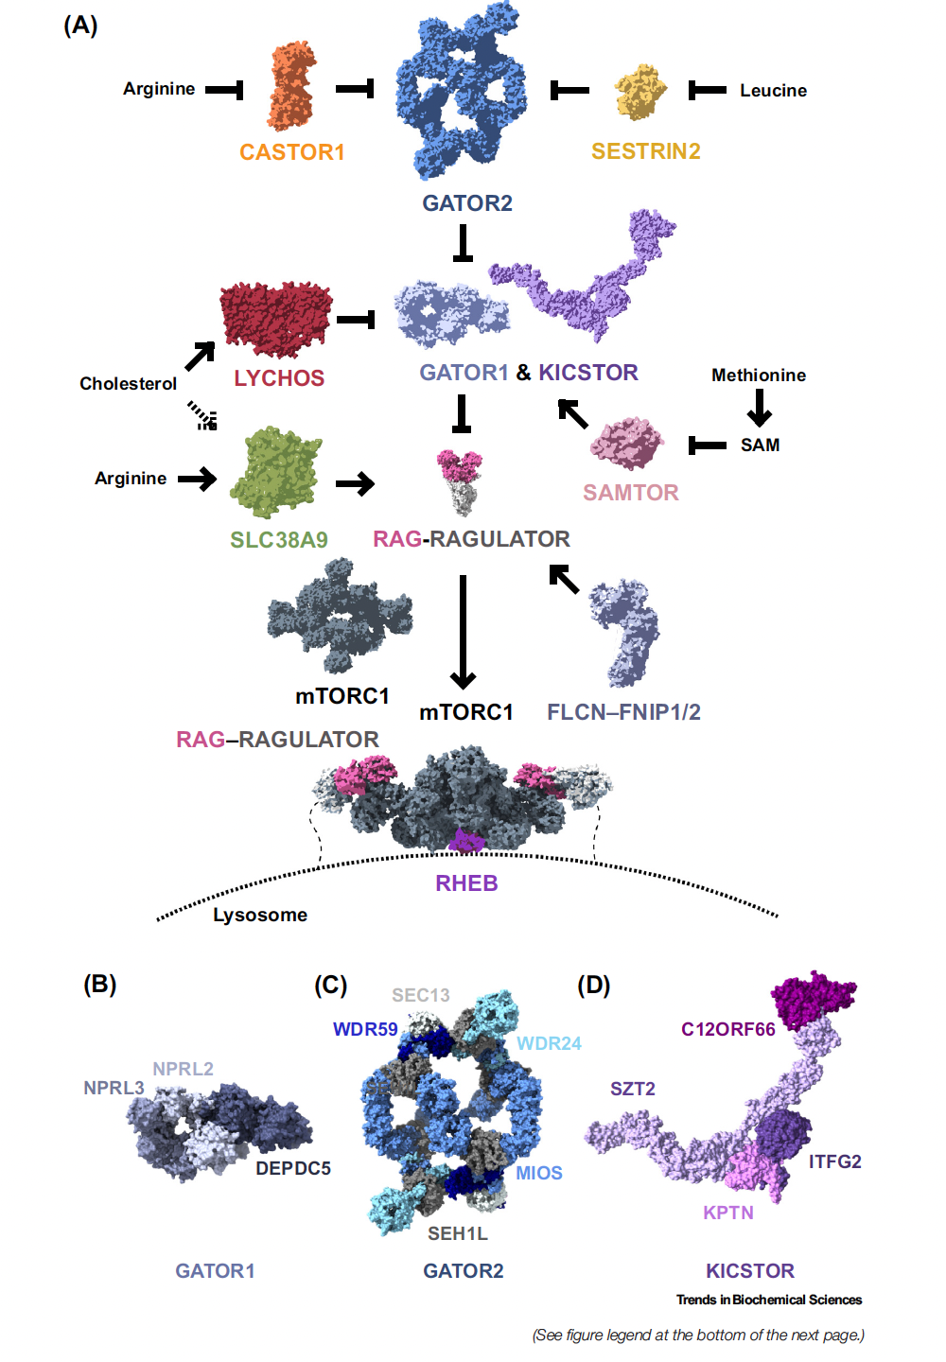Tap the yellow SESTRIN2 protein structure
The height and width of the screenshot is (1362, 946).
point(640,92)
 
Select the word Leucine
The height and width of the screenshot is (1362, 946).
point(773,91)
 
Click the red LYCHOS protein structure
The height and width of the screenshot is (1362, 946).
point(275,318)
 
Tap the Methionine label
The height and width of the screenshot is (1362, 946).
point(759,375)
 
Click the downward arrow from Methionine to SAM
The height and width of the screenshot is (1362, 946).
point(760,408)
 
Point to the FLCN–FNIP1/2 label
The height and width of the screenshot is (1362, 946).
point(623,712)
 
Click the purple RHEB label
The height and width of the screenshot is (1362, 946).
point(466,883)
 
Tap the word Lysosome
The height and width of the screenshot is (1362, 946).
point(260,916)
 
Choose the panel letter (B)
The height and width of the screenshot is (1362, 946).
point(100,985)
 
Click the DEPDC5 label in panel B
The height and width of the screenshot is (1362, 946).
point(293,1169)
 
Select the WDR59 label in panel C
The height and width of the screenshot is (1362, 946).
point(365,1030)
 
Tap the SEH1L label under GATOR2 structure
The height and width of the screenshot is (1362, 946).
point(458,1234)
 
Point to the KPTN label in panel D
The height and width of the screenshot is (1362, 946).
point(728,1214)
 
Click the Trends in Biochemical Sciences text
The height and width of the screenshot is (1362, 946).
point(769,1301)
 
